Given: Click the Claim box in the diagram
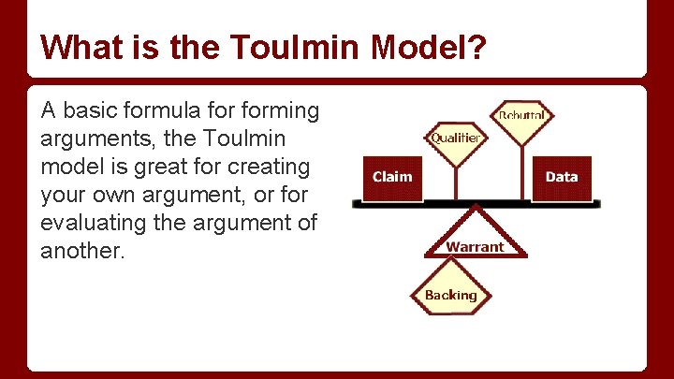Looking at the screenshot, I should tap(391, 178).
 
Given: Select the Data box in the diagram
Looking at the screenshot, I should tap(562, 178).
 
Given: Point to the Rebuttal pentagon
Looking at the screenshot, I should tap(522, 116).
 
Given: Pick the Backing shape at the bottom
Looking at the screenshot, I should tap(451, 294).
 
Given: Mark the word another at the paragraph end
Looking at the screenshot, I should tap(81, 252).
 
